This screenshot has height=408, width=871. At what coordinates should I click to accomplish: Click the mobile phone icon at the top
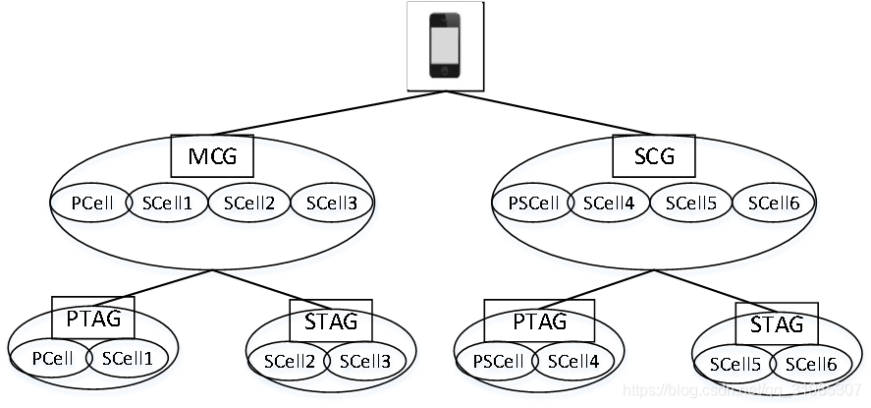pyautogui.click(x=445, y=44)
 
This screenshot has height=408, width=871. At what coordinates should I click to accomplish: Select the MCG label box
pyautogui.click(x=212, y=154)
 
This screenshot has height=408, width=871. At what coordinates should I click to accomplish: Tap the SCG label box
pyautogui.click(x=653, y=155)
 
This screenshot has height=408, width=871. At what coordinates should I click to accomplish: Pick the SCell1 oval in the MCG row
pyautogui.click(x=167, y=204)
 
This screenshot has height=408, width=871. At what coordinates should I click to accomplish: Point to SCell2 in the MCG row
pyautogui.click(x=249, y=204)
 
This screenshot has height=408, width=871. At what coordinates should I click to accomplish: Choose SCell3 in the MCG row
pyautogui.click(x=332, y=204)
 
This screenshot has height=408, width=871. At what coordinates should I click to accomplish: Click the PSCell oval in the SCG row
pyautogui.click(x=531, y=204)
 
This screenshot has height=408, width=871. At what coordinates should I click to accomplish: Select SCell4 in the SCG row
pyautogui.click(x=609, y=204)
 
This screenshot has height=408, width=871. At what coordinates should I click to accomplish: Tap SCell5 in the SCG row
pyautogui.click(x=691, y=204)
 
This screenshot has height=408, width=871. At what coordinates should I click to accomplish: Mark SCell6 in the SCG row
pyautogui.click(x=774, y=204)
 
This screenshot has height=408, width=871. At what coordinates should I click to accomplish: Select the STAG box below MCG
pyautogui.click(x=331, y=321)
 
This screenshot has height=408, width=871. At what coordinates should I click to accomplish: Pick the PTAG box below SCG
pyautogui.click(x=539, y=321)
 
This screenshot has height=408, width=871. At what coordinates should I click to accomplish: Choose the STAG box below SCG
pyautogui.click(x=776, y=323)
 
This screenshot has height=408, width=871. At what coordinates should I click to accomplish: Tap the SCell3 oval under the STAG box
pyautogui.click(x=365, y=361)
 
